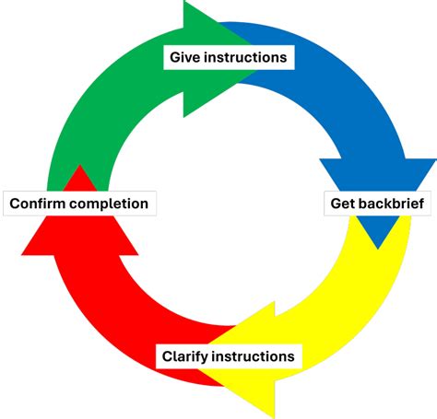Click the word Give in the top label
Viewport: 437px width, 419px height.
pos(184,57)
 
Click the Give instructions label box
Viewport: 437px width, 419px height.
pos(228,57)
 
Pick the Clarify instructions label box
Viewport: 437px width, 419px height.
pos(228,356)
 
